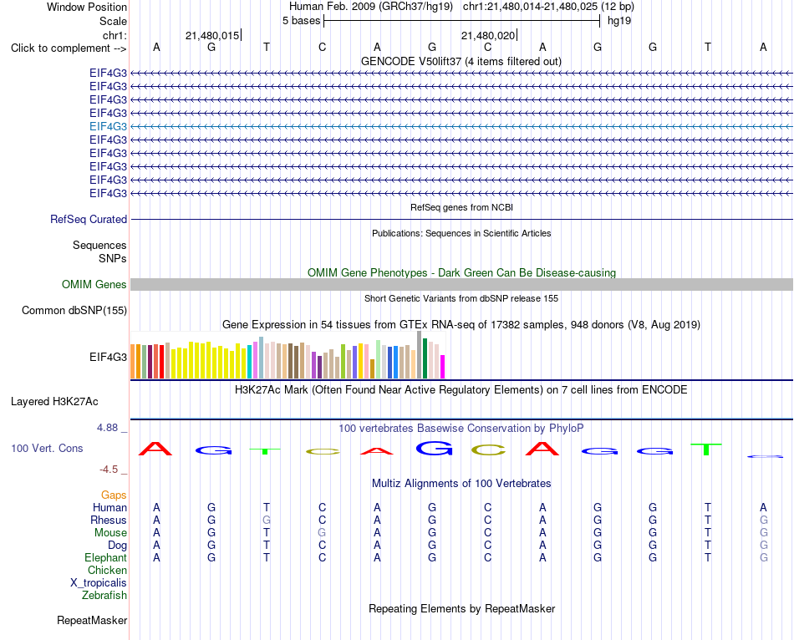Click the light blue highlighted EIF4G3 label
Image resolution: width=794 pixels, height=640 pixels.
click(x=108, y=127)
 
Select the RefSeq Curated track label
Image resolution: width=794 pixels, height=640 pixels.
click(x=89, y=219)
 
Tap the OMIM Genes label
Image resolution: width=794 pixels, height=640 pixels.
click(x=94, y=285)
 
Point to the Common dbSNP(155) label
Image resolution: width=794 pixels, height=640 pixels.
click(x=74, y=310)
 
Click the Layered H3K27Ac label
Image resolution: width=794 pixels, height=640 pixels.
click(x=54, y=402)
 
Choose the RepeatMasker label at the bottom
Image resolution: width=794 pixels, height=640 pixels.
click(x=92, y=620)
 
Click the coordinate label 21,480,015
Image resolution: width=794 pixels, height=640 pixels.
click(x=212, y=35)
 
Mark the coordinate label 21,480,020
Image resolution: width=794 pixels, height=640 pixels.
click(x=487, y=35)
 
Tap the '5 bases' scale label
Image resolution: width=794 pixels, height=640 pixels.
click(x=301, y=21)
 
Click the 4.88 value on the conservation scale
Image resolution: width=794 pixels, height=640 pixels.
click(x=107, y=428)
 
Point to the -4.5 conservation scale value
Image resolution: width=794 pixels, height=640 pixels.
click(x=109, y=470)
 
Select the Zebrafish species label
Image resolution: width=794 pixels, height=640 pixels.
click(x=104, y=595)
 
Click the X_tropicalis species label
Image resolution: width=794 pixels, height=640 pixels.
click(x=99, y=583)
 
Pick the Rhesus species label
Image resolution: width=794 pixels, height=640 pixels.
click(x=109, y=520)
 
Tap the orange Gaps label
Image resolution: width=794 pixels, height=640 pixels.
click(x=114, y=495)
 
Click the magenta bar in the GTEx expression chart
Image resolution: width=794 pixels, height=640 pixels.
click(x=443, y=367)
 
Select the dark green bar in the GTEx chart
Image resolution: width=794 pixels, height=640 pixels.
click(x=425, y=358)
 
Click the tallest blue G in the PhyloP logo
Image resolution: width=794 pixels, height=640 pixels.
click(x=434, y=448)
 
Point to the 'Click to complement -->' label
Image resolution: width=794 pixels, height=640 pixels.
click(x=69, y=48)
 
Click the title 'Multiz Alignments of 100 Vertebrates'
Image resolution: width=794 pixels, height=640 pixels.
click(x=461, y=484)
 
